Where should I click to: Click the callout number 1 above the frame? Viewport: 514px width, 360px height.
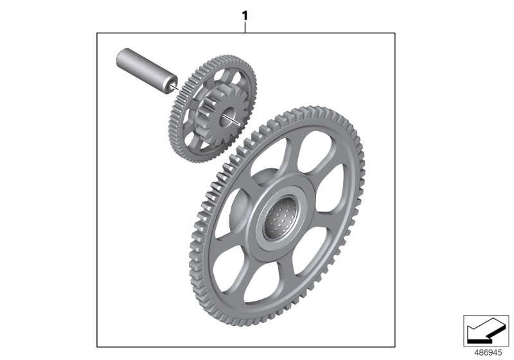click(x=245, y=15)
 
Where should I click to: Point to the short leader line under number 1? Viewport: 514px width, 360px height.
click(x=245, y=28)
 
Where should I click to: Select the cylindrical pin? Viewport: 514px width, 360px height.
click(x=147, y=71)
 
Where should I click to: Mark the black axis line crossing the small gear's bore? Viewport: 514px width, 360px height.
click(x=231, y=119)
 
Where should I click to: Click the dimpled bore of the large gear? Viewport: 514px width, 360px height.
click(x=280, y=218)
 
